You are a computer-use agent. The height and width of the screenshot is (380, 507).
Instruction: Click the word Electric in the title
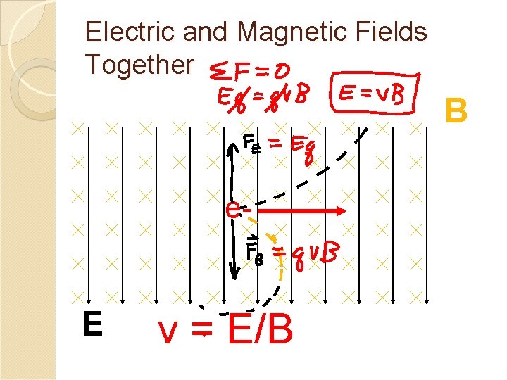(x=124, y=32)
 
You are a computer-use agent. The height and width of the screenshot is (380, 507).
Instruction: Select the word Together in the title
(x=139, y=64)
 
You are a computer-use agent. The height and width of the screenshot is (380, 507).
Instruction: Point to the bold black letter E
(x=91, y=324)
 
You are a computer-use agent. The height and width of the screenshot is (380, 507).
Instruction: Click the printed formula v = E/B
(x=225, y=329)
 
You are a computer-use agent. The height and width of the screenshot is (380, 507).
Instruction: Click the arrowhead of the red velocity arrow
(x=338, y=210)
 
